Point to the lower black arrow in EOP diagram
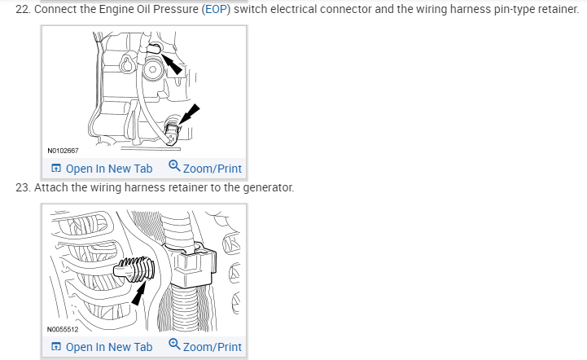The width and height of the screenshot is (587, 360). click(186, 114)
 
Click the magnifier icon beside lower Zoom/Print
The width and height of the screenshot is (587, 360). click(174, 345)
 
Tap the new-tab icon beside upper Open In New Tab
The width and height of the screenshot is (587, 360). click(55, 169)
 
